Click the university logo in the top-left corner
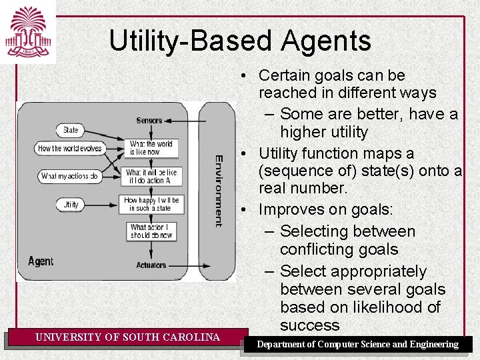click(x=27, y=31)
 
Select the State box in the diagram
click(x=70, y=130)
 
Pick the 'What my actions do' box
click(x=69, y=177)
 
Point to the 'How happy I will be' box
click(x=151, y=204)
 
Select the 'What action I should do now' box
click(x=151, y=231)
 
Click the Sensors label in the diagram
click(x=149, y=121)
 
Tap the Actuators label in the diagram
click(x=151, y=265)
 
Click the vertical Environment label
click(x=219, y=191)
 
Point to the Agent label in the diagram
click(x=41, y=261)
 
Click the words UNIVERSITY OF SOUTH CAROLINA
click(x=128, y=337)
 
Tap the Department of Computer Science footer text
click(x=358, y=344)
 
